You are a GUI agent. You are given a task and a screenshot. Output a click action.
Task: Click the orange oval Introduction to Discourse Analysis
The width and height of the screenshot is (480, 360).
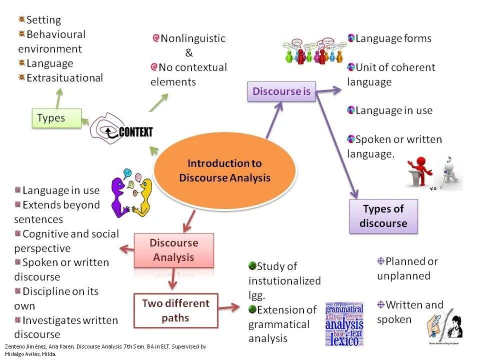(x=224, y=170)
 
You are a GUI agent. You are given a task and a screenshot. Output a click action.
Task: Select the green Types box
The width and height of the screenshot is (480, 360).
(x=56, y=118)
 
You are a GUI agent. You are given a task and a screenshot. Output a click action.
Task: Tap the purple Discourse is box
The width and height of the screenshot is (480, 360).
(x=281, y=91)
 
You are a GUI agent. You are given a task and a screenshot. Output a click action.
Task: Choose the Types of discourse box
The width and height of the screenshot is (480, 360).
(x=383, y=216)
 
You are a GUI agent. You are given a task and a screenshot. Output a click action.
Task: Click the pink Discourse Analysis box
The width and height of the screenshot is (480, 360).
(x=173, y=250)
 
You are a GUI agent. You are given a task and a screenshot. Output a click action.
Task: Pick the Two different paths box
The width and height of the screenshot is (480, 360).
(x=175, y=310)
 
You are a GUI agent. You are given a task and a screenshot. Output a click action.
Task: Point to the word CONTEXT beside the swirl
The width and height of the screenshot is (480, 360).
(x=135, y=132)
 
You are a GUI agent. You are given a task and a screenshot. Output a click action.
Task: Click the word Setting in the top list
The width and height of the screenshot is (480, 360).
(x=43, y=20)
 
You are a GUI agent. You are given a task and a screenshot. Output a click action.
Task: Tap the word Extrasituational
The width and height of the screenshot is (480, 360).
(x=64, y=78)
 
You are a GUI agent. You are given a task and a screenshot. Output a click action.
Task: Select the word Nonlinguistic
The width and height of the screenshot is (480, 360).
(x=193, y=38)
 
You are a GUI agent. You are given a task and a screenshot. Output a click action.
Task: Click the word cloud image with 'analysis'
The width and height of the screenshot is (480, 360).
(x=344, y=324)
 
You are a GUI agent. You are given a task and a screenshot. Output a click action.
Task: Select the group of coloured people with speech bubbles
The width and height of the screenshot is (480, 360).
(x=312, y=50)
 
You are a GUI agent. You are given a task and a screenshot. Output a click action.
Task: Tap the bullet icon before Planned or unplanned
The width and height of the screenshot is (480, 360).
(x=380, y=261)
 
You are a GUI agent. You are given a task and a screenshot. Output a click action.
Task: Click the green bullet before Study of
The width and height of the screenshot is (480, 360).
(x=252, y=266)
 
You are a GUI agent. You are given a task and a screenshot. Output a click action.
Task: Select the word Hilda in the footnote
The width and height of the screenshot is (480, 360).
(x=48, y=354)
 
